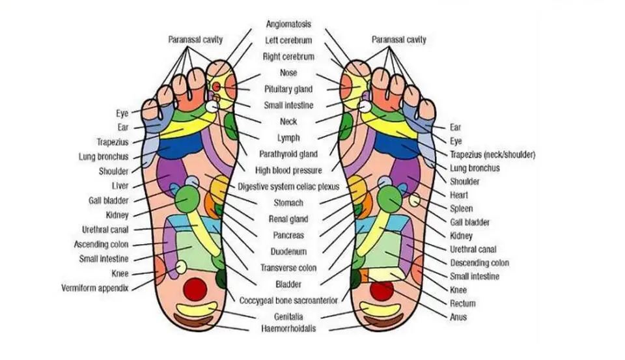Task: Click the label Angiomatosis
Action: coord(288,24)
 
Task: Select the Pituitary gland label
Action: coord(288,89)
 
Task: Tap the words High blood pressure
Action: coord(288,171)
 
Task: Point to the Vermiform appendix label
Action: coord(95,288)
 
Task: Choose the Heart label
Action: coord(459,195)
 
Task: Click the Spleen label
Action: coord(462,209)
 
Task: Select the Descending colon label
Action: coord(480,263)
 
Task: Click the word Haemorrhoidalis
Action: coord(288,329)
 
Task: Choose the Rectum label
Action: coord(462,303)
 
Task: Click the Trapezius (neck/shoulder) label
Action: coord(493,154)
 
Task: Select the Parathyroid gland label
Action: coord(288,154)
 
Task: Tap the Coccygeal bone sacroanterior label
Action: coord(288,300)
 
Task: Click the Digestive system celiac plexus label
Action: coord(288,187)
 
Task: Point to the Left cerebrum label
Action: coord(288,40)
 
